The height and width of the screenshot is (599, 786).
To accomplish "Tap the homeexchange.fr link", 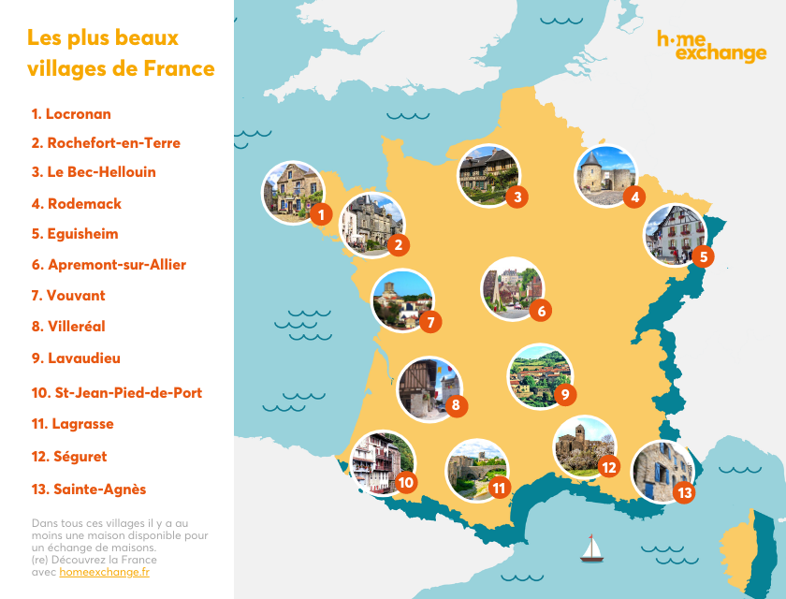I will point(104,572).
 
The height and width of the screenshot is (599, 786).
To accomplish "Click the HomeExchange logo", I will point(711,46).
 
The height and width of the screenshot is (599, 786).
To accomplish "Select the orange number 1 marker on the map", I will point(321,214).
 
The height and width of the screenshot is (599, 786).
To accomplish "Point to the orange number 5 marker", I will point(704,255).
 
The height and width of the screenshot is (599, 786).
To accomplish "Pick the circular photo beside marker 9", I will point(538,374).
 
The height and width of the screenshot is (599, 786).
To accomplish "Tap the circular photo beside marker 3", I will point(488,174).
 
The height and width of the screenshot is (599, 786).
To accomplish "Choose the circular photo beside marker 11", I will point(475,468).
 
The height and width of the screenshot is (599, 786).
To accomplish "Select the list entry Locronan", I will point(71,114).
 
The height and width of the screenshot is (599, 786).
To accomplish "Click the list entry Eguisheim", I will point(75,234).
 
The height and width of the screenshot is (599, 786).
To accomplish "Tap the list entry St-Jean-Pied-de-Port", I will point(117,393).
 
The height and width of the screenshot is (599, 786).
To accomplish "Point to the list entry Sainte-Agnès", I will point(88,489).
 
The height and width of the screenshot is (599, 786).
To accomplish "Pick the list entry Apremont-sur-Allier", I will point(109,265).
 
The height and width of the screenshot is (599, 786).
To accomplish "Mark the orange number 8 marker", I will point(456,406).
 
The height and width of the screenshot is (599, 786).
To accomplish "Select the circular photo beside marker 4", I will point(604,175).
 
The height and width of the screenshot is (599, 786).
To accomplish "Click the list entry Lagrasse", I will point(72,424).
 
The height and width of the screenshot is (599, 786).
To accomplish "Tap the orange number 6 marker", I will point(539,311).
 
